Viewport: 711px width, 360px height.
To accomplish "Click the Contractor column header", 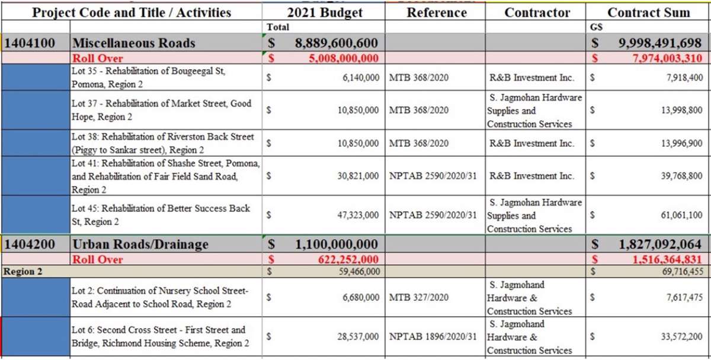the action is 537,12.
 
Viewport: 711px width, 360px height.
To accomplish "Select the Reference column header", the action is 437,12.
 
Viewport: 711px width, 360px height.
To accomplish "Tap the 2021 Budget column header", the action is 325,13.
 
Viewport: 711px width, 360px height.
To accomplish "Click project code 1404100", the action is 30,43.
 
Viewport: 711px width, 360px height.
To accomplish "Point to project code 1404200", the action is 30,244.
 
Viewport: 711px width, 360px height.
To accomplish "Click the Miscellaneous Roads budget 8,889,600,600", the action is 336,43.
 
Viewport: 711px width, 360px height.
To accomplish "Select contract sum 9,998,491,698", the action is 660,43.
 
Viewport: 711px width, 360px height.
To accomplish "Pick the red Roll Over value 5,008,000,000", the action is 344,58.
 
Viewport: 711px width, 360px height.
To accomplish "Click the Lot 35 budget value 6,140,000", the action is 361,78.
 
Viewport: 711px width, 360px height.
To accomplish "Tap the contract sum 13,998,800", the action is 681,110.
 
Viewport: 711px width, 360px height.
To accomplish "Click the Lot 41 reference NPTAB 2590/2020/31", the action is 433,176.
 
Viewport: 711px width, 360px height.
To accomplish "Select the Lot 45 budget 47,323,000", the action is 358,215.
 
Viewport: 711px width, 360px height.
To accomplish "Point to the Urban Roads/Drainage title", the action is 140,244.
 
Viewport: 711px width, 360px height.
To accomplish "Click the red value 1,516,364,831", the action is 667,259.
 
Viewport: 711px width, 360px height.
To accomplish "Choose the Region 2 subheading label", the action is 23,272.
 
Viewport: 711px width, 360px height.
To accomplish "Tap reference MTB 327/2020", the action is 419,297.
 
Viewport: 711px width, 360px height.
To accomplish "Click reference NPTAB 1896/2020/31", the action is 433,336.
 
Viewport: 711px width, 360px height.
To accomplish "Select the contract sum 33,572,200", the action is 681,336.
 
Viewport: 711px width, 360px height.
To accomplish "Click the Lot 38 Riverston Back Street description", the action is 162,143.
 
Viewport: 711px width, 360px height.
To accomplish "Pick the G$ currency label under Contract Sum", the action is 596,27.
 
